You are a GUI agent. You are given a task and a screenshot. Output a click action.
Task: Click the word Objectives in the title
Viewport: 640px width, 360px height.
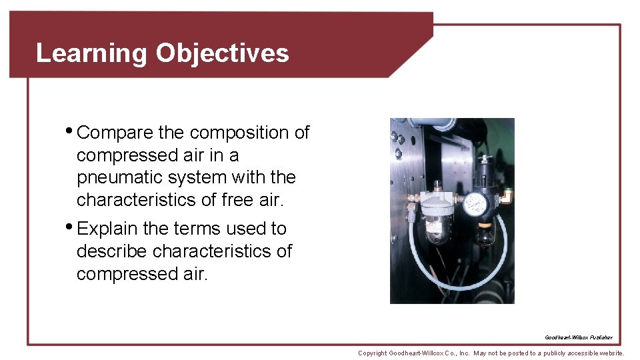pyautogui.click(x=222, y=53)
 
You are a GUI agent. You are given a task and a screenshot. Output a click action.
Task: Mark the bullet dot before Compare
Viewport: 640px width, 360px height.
pyautogui.click(x=70, y=131)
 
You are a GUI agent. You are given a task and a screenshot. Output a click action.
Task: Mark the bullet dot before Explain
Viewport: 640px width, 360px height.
pyautogui.click(x=70, y=227)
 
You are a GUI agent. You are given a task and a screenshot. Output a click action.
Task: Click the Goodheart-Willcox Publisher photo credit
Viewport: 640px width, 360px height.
pyautogui.click(x=578, y=337)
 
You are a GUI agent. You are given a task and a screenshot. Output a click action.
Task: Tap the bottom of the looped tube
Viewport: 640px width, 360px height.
pyautogui.click(x=460, y=287)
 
